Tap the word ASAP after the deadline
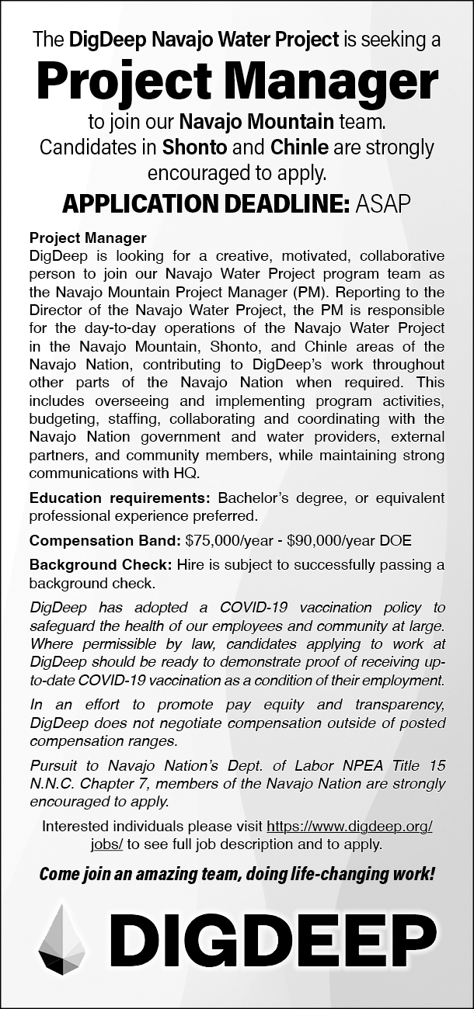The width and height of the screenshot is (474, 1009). click(384, 203)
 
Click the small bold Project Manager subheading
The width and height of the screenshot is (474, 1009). click(88, 238)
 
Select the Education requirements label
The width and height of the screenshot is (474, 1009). click(120, 498)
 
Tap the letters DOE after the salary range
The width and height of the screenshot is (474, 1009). click(396, 539)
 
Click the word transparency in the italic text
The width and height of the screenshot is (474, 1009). click(396, 705)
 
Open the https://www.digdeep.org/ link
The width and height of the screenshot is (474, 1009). click(349, 827)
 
